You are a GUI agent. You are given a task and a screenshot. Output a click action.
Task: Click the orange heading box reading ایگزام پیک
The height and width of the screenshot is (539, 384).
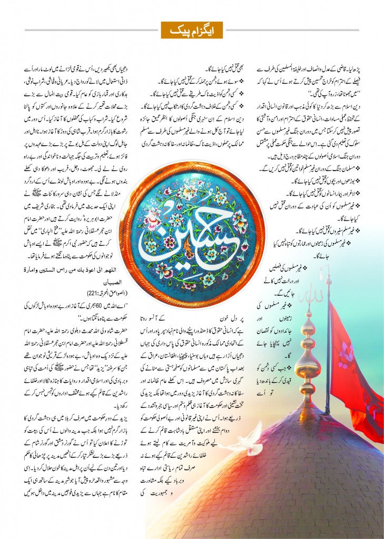192,30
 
